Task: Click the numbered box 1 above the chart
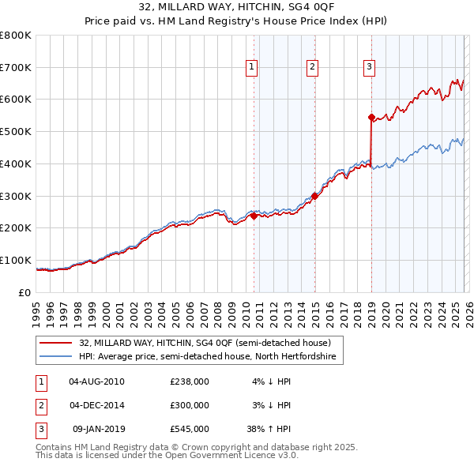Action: [251, 68]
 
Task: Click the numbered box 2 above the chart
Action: [313, 68]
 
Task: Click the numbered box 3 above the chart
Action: [369, 68]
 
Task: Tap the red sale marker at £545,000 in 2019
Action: [371, 117]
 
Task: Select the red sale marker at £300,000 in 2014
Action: [314, 196]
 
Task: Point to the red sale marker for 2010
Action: [254, 215]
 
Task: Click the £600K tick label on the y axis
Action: [15, 100]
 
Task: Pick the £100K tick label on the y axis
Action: [15, 260]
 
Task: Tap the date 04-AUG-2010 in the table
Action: [96, 381]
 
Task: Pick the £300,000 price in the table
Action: [190, 404]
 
